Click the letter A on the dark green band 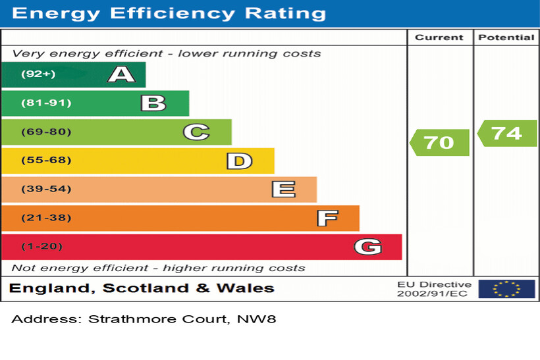[x=121, y=74]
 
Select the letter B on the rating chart [x=153, y=103]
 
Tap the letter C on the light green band [x=196, y=132]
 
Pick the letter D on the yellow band [x=239, y=161]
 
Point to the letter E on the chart [x=283, y=190]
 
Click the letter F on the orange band [x=327, y=218]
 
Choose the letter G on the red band [x=367, y=247]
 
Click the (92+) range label [x=38, y=74]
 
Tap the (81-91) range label [x=46, y=103]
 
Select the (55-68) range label [x=46, y=161]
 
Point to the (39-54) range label [x=46, y=190]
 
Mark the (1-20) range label [x=42, y=247]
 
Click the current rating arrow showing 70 [x=439, y=142]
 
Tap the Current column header [x=439, y=38]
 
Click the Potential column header [x=506, y=38]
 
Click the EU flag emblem [x=506, y=289]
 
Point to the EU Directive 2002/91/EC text [x=434, y=289]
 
